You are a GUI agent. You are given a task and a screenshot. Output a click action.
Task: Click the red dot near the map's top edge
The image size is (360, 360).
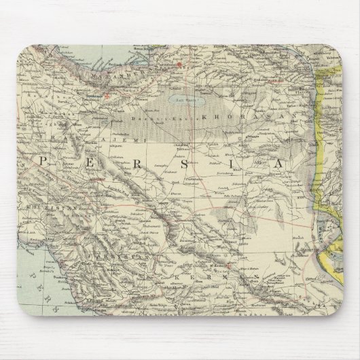[179, 65]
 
